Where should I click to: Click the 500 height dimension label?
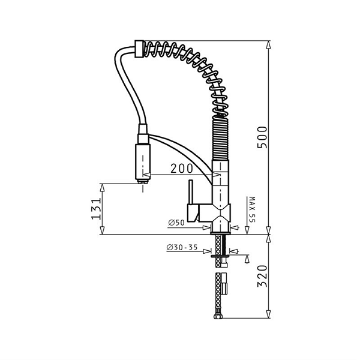click(262, 137)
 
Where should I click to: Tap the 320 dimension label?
click(262, 276)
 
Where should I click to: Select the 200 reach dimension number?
click(182, 169)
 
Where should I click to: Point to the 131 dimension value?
click(96, 209)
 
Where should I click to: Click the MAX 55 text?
click(252, 209)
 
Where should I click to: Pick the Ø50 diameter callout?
click(176, 223)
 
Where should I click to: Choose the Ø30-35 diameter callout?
click(182, 247)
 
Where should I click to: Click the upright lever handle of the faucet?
click(191, 192)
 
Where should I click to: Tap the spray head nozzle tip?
click(143, 181)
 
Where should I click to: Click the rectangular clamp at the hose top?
click(139, 49)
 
